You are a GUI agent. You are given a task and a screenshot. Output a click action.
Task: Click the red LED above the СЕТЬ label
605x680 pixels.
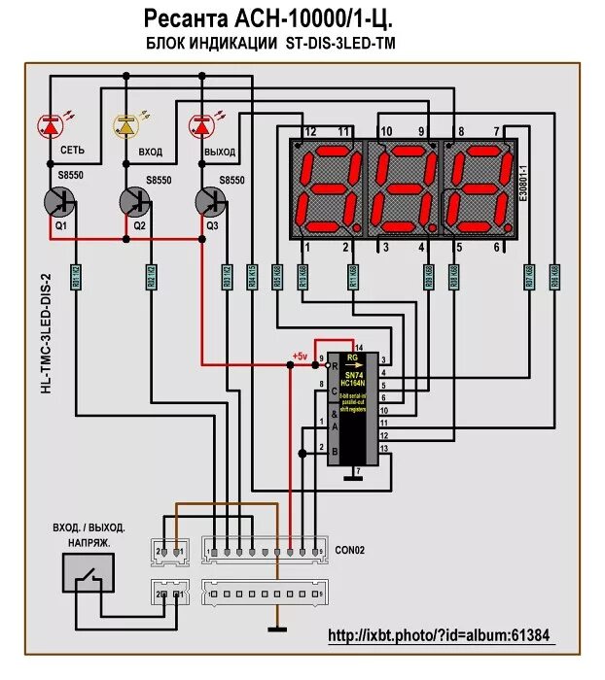point(50,125)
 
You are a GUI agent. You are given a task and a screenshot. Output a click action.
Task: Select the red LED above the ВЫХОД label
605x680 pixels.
point(202,125)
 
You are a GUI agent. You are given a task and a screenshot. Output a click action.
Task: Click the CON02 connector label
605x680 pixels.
point(350,549)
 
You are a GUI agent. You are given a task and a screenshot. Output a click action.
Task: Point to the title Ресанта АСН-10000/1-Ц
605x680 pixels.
point(269,18)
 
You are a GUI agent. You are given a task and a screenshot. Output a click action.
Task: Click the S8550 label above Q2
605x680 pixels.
point(159,181)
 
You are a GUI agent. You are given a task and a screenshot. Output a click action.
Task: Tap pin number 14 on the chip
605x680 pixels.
point(359,347)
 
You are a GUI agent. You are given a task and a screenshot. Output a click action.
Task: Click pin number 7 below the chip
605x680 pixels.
point(360,472)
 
